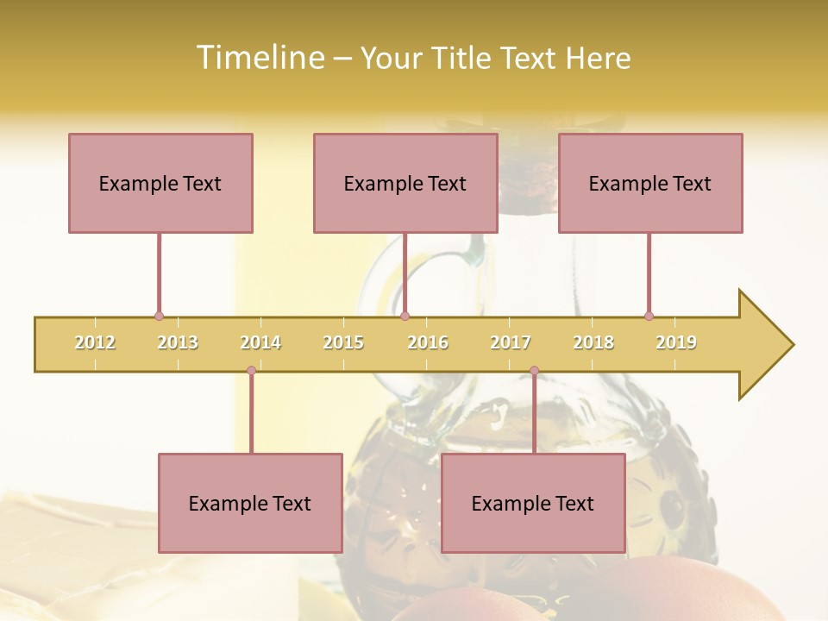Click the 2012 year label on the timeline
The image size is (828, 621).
(95, 342)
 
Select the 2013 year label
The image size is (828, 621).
(178, 342)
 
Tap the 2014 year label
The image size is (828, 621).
(260, 342)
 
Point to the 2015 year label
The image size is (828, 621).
(343, 342)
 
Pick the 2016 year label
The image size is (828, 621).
(428, 342)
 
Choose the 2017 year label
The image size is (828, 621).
(511, 342)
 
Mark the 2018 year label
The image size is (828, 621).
(593, 342)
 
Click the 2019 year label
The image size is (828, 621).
(676, 342)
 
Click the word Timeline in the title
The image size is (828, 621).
(258, 58)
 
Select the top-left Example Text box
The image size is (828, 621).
(160, 183)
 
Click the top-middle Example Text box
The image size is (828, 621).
(405, 183)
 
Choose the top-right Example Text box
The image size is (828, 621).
(650, 183)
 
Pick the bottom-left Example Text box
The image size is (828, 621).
(250, 503)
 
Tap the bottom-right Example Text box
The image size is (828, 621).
(533, 503)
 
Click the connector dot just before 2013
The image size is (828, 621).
(159, 317)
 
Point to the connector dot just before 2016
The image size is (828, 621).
(405, 317)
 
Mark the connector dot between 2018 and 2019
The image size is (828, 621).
(649, 317)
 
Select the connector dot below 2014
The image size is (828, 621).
(251, 371)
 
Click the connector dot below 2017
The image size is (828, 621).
(534, 371)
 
